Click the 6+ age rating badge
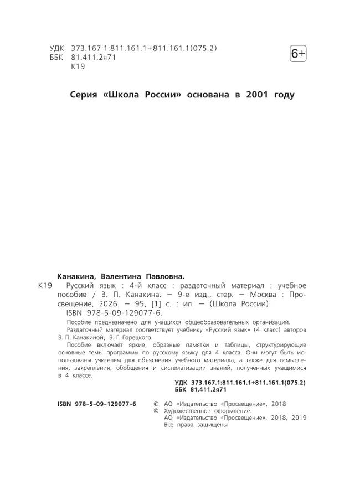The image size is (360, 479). click(x=297, y=54)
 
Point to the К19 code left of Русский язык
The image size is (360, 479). click(x=44, y=286)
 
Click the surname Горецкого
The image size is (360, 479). click(x=133, y=336)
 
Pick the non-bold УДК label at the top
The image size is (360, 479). click(x=57, y=48)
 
